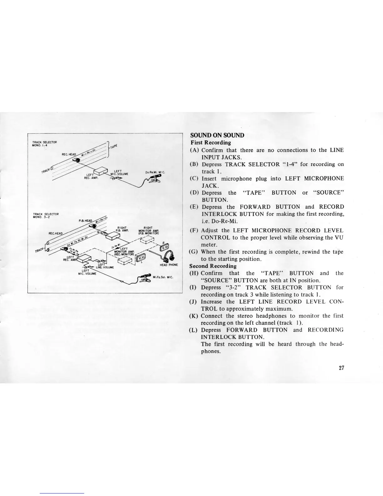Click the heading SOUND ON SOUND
217,135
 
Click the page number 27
341,368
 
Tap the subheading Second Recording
213,266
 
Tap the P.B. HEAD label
85,220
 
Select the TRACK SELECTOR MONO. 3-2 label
46,215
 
